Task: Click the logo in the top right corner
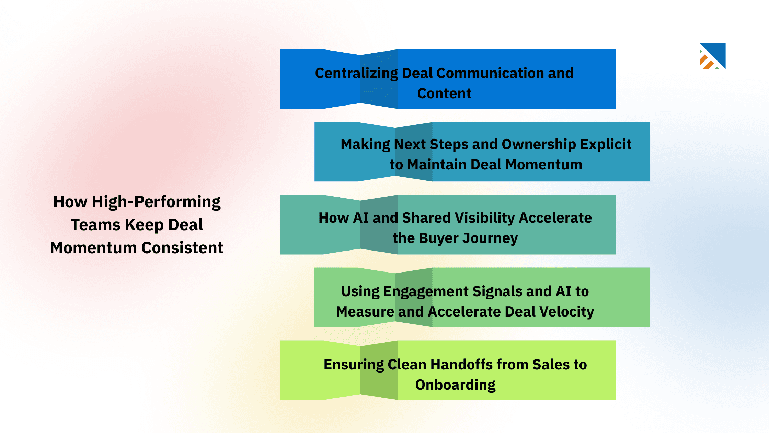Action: pos(713,56)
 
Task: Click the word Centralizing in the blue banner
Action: pos(356,74)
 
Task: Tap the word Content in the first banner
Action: pos(444,93)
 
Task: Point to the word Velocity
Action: pos(566,312)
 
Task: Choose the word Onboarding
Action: pos(455,385)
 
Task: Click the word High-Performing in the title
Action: pos(156,202)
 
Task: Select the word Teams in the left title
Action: pos(95,225)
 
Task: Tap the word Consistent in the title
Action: pos(182,248)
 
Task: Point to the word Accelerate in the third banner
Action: pos(555,218)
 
